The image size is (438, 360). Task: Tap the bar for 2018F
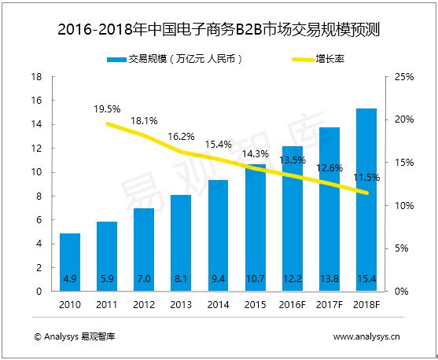coord(366,200)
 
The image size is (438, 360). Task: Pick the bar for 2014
coord(218,235)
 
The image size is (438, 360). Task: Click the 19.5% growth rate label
coord(106,108)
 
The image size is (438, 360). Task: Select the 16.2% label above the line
coord(181,134)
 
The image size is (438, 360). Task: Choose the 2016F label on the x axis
coord(293,304)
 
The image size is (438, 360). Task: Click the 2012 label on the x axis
coord(144,304)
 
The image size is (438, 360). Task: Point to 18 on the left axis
coord(35,77)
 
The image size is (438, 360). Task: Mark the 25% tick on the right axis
coord(403,77)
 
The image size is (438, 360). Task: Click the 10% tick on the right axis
coord(403,206)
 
